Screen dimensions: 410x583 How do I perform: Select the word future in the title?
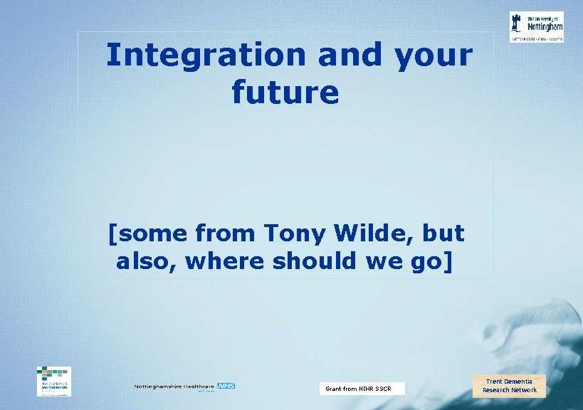tap(285, 93)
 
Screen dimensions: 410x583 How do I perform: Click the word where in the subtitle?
tap(229, 261)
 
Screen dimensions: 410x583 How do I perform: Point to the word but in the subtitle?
tap(443, 233)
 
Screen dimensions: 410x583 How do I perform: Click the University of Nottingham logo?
tap(537, 26)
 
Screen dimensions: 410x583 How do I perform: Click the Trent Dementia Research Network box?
tap(510, 386)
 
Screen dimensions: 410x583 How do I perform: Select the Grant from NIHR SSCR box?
tap(361, 389)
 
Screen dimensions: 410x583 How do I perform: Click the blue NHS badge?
tap(226, 387)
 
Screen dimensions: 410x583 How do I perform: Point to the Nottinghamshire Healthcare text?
tap(174, 387)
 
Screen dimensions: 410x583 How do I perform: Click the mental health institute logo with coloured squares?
tap(54, 380)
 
